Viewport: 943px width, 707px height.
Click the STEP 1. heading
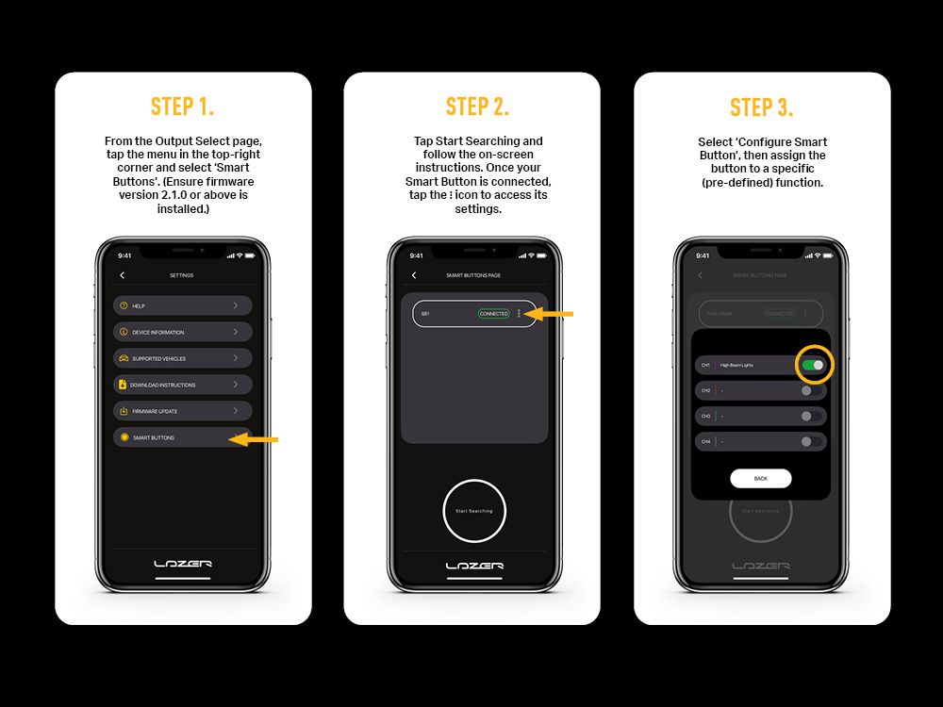[183, 107]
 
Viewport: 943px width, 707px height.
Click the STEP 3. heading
[762, 107]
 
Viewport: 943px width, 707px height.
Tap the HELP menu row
[183, 305]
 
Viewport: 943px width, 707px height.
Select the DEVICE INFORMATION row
[183, 332]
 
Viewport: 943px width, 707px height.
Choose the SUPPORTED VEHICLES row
[183, 358]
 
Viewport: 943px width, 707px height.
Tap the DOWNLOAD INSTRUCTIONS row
[183, 385]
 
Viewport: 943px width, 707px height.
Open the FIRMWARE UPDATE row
[183, 411]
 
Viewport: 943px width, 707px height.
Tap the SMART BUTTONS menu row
[174, 437]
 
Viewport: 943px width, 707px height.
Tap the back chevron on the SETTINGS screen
[123, 275]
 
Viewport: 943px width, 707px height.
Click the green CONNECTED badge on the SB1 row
[493, 314]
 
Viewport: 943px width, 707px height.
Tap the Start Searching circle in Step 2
[474, 511]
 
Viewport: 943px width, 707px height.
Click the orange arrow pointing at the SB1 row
[548, 314]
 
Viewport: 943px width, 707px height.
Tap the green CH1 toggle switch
[813, 365]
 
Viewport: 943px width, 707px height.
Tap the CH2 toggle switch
[806, 389]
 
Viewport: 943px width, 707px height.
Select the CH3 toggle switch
[806, 416]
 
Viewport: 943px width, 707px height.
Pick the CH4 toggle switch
[806, 441]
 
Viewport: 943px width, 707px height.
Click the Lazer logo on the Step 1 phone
[183, 564]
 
